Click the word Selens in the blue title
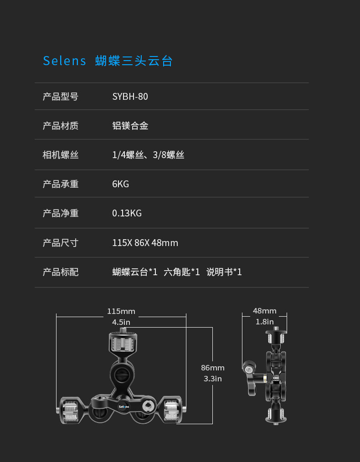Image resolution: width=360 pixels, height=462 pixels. tap(64, 61)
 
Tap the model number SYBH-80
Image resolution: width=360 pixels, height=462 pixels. tap(130, 97)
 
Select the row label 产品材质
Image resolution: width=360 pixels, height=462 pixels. tap(61, 126)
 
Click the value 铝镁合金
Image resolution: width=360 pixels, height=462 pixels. tap(130, 126)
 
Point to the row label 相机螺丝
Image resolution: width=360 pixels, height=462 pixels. tap(61, 155)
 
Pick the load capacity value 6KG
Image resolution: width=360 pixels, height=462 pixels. tap(120, 184)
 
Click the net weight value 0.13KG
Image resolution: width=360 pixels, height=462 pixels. tap(127, 213)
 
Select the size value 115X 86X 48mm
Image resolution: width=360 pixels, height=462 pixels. tap(145, 243)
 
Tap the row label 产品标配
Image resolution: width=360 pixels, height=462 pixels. tap(61, 272)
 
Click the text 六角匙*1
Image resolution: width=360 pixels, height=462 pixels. tap(182, 272)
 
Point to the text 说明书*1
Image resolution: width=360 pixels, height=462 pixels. tap(224, 272)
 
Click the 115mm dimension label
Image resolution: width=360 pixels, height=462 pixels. tap(121, 312)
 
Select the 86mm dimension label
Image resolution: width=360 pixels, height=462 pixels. tap(212, 368)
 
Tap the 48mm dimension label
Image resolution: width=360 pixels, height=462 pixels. tap(265, 311)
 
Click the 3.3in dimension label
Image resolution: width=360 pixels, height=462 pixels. tap(212, 379)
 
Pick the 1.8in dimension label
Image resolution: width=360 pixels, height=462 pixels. tap(265, 322)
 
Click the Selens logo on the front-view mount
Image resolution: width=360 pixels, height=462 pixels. tap(123, 406)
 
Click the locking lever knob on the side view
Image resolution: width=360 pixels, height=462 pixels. tap(248, 367)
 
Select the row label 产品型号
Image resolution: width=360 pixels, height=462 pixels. tap(61, 97)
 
